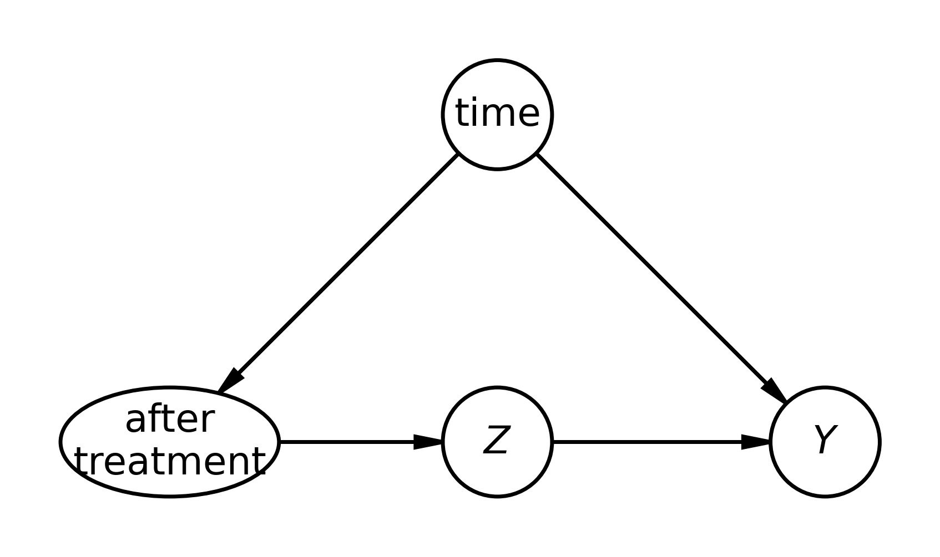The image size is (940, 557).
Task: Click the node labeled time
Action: click(497, 115)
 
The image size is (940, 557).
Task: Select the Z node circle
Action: click(497, 442)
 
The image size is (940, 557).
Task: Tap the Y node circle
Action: click(825, 442)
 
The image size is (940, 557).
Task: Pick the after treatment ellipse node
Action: click(170, 442)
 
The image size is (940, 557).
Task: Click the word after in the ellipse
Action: click(170, 420)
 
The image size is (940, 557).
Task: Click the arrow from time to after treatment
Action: click(338, 274)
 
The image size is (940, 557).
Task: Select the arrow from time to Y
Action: click(662, 278)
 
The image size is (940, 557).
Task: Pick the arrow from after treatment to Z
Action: click(361, 442)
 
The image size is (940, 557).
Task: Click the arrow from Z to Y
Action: click(661, 442)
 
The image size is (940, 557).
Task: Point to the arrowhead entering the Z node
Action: click(428, 442)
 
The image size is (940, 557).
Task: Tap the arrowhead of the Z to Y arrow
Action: click(755, 442)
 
